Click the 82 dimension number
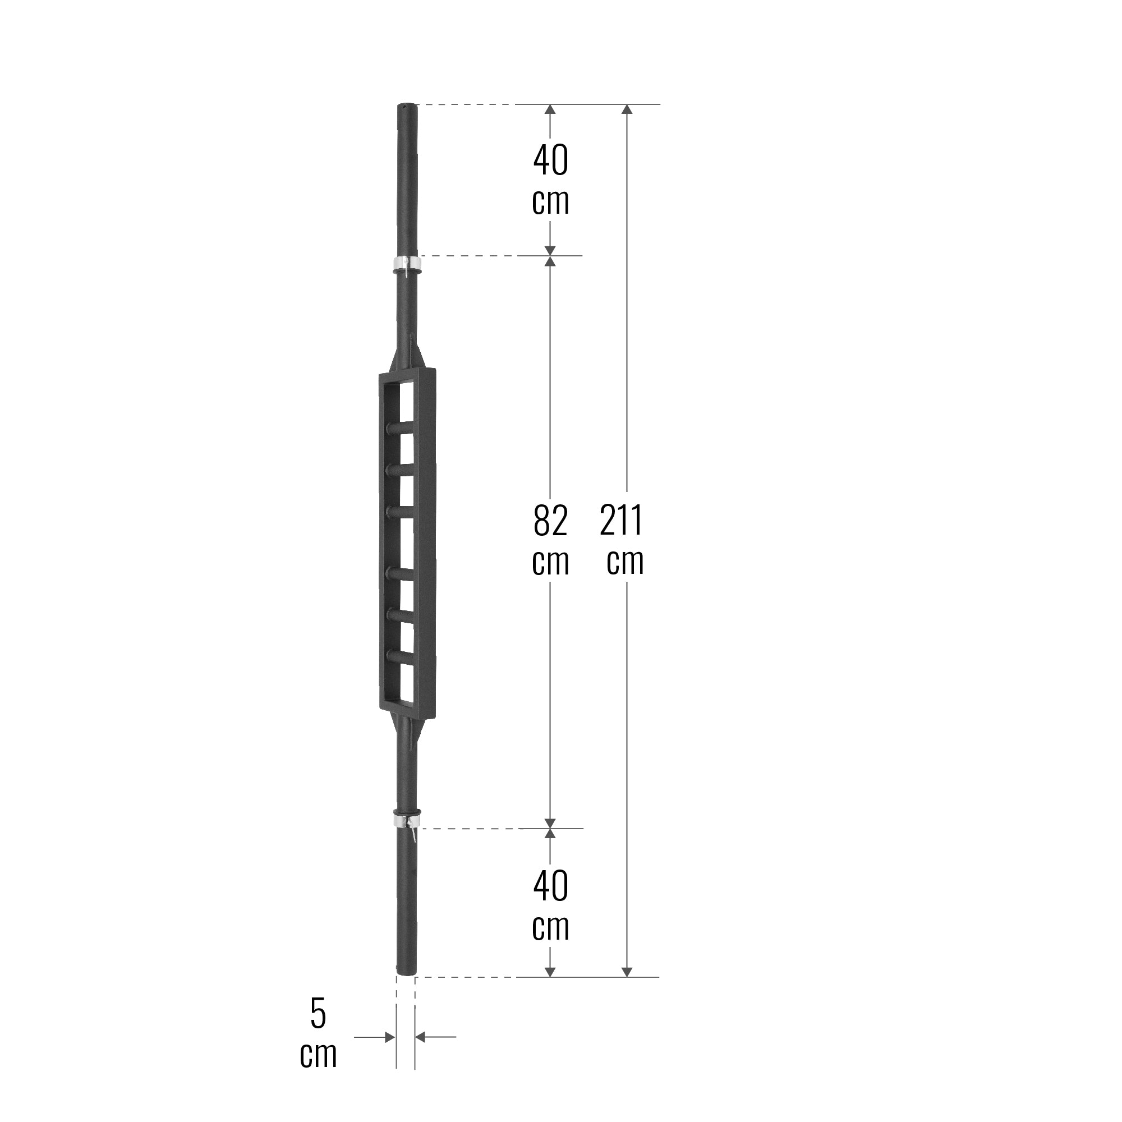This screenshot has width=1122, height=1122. (550, 521)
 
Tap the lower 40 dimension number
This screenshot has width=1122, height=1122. (550, 886)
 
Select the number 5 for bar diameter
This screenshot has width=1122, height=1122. (318, 1013)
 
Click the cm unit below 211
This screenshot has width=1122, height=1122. (625, 562)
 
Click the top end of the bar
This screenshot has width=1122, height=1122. (407, 107)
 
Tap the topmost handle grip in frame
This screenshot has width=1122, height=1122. (400, 429)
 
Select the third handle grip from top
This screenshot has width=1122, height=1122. (400, 511)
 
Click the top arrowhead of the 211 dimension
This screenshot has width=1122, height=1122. (627, 109)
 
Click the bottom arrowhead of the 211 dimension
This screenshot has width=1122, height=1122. (627, 972)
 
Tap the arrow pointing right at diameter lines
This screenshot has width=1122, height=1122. (390, 1037)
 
